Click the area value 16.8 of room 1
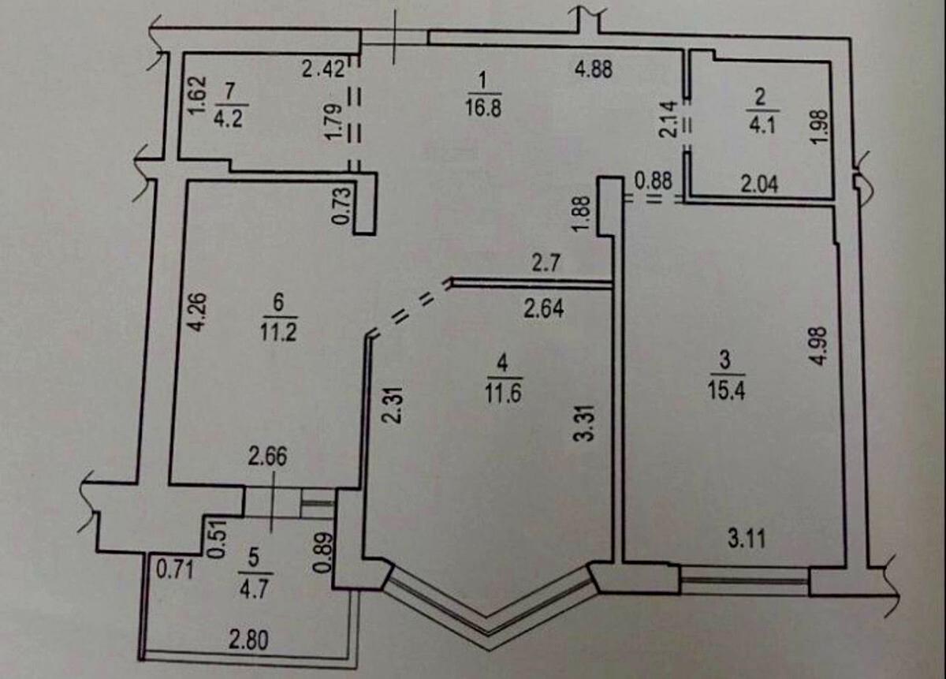(485, 106)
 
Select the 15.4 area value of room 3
(725, 388)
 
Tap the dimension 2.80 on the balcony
(248, 640)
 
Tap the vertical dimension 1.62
(198, 95)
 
